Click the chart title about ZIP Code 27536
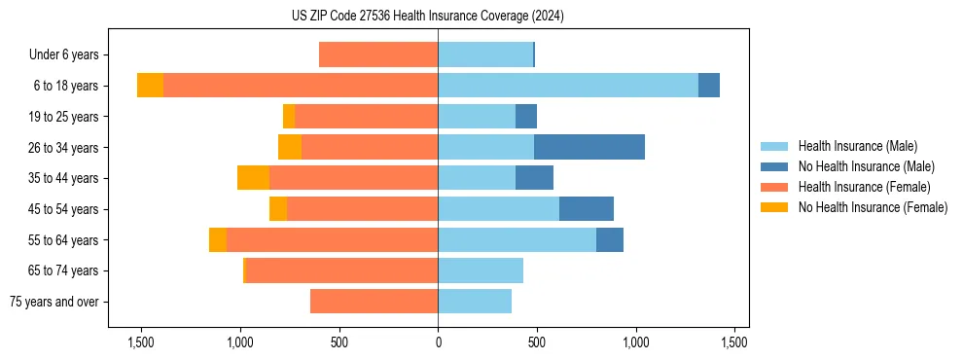pyautogui.click(x=427, y=16)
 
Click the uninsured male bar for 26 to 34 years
pyautogui.click(x=589, y=147)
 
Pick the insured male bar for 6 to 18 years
pyautogui.click(x=568, y=86)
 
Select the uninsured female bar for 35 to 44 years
pyautogui.click(x=254, y=178)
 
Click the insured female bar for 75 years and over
pyautogui.click(x=374, y=302)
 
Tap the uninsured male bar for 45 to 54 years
pyautogui.click(x=587, y=208)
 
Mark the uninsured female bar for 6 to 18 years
pyautogui.click(x=150, y=86)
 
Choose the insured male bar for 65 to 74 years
pyautogui.click(x=481, y=270)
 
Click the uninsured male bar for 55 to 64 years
pyautogui.click(x=610, y=239)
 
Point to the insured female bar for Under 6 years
pyautogui.click(x=378, y=55)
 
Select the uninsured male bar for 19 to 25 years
pyautogui.click(x=526, y=117)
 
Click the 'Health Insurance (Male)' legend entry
pyautogui.click(x=857, y=146)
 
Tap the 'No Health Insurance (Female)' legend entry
pyautogui.click(x=873, y=207)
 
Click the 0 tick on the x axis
pyautogui.click(x=438, y=342)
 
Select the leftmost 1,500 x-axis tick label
pyautogui.click(x=141, y=342)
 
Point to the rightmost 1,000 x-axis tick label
pyautogui.click(x=636, y=342)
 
